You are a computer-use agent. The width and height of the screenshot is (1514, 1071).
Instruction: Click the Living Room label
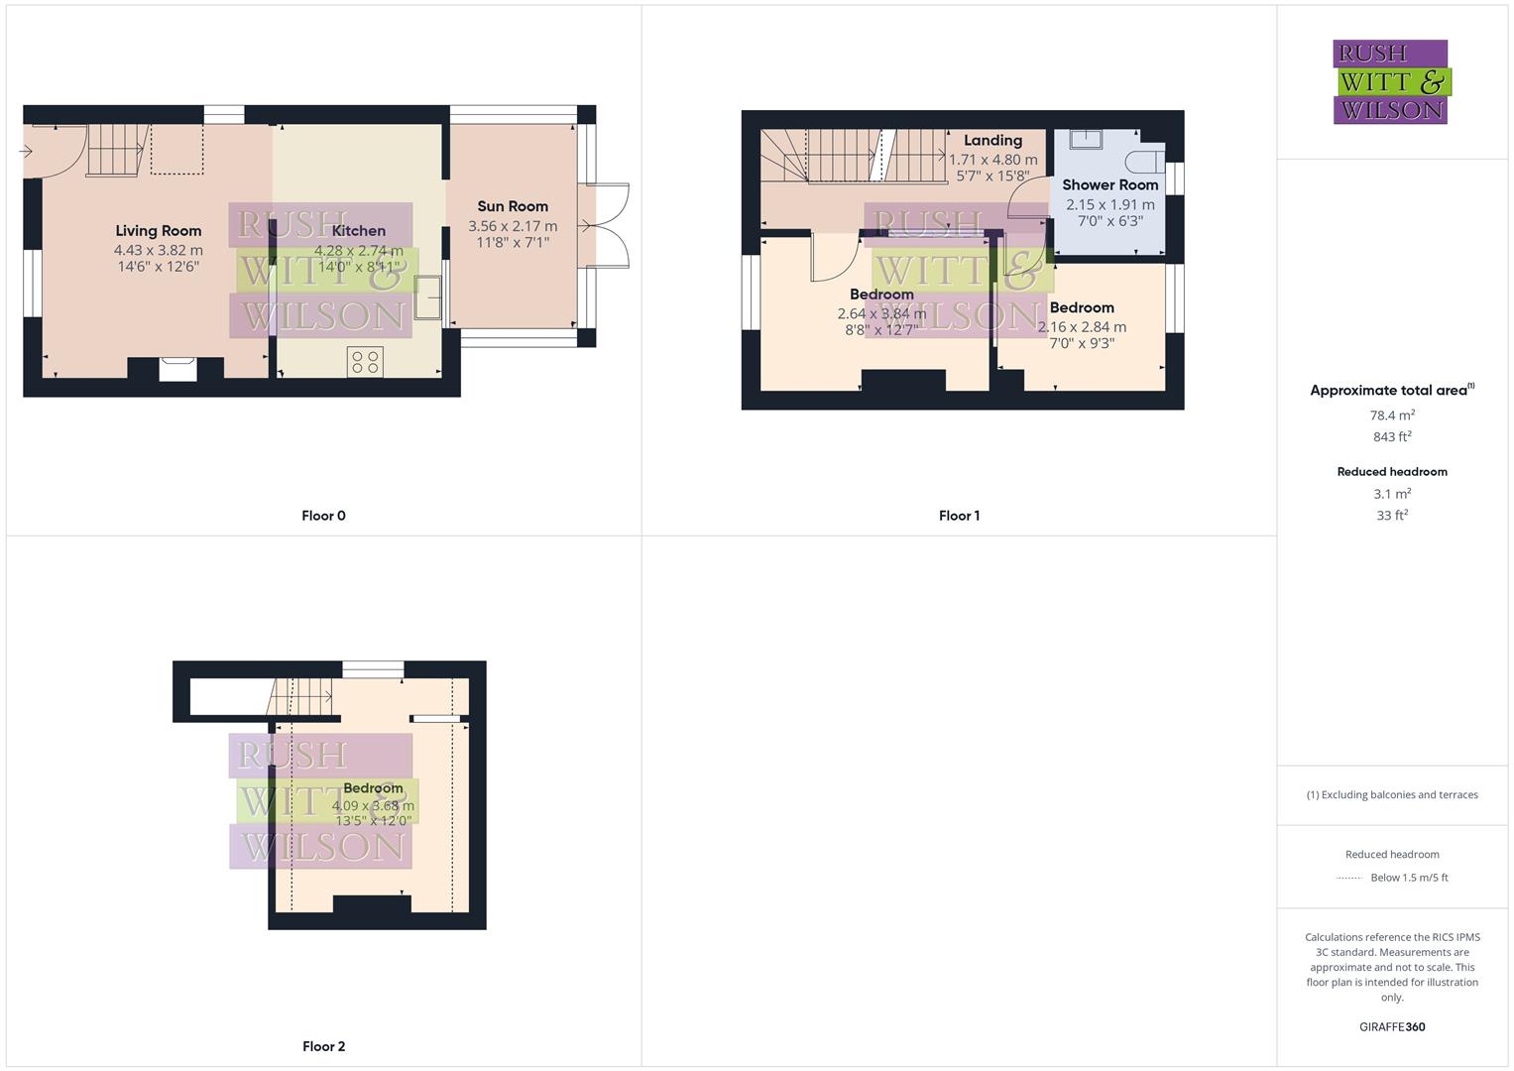point(159,231)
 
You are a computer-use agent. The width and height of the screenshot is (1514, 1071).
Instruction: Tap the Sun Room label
point(513,206)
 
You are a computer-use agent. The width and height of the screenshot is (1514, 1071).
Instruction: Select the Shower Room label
point(1109,184)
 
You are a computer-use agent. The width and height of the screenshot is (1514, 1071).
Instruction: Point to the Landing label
point(992,141)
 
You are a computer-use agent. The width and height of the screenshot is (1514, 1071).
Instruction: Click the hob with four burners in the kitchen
point(365,362)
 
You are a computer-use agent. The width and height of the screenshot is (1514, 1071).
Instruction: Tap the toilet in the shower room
point(1147,162)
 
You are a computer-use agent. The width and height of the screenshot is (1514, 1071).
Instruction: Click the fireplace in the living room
point(178,368)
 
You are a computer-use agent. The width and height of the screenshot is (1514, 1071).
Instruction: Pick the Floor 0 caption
point(323,516)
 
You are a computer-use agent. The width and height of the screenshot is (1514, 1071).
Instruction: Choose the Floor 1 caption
point(959,516)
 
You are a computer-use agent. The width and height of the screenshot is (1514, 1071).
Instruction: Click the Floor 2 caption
point(323,1046)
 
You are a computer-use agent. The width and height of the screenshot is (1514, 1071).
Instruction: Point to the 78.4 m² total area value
point(1392,416)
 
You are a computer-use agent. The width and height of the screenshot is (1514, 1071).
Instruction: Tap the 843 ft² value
point(1392,437)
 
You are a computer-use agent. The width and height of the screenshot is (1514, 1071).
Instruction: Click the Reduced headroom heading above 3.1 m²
point(1392,472)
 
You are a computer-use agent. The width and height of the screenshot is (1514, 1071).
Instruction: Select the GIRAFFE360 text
point(1392,1027)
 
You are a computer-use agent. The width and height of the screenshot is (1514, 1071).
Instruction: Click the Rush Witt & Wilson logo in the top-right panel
point(1391,82)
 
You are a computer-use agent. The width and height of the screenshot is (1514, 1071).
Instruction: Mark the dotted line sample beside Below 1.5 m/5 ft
point(1349,878)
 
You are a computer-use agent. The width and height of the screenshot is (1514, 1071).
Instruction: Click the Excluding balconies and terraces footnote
point(1392,795)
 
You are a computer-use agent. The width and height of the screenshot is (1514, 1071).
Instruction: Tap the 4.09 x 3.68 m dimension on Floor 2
point(373,806)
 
